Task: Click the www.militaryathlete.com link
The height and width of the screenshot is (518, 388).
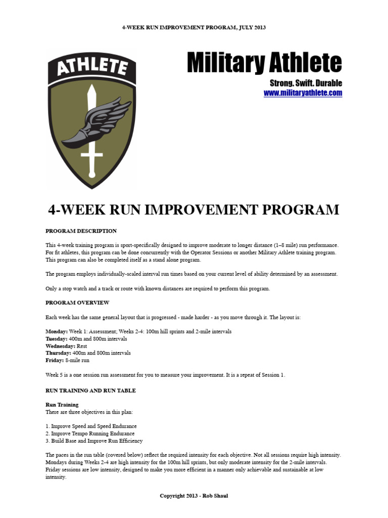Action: tap(303, 93)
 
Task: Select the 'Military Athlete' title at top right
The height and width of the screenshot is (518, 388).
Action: tap(264, 63)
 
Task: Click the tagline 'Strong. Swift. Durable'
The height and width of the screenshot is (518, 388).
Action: tap(306, 82)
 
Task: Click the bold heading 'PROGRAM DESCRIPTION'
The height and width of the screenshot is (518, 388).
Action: tap(81, 231)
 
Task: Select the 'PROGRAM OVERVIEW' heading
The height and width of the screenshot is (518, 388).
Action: tap(77, 303)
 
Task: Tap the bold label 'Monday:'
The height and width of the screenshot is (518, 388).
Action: tap(56, 331)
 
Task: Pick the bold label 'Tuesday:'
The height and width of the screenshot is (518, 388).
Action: tap(57, 338)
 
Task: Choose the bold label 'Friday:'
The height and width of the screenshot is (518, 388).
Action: tap(54, 361)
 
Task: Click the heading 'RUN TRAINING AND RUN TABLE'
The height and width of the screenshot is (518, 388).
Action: tap(90, 391)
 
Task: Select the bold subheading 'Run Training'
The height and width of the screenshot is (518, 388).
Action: tap(62, 405)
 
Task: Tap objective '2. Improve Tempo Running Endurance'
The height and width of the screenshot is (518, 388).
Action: tap(90, 434)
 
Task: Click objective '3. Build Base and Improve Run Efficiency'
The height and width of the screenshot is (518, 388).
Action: tap(94, 441)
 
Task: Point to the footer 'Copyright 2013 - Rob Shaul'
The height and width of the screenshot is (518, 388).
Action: tap(194, 496)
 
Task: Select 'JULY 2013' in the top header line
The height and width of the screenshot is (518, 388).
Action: tap(251, 27)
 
